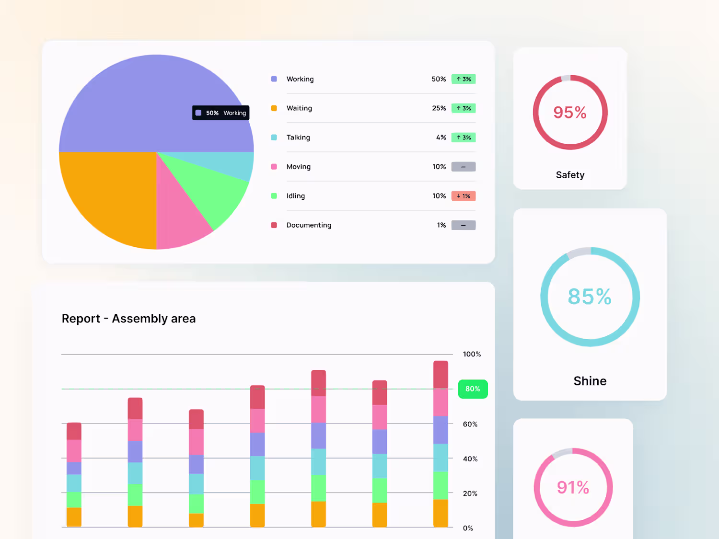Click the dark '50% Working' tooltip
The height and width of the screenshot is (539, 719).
coord(221,113)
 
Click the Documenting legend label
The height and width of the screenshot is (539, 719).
coord(309,225)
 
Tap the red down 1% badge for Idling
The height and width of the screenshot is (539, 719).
coord(463,196)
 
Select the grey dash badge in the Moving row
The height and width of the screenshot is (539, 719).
coord(463,167)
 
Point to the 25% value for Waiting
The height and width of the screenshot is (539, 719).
coord(439,108)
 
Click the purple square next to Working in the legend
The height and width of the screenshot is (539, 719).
coord(274,79)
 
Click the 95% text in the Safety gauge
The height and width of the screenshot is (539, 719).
coord(570,113)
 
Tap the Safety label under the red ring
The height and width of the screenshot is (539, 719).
coord(570,175)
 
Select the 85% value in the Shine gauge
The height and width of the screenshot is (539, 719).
coord(590,297)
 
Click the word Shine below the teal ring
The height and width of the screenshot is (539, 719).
coord(590,381)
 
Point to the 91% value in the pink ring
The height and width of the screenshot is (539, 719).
coord(573,487)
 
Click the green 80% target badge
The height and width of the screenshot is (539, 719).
coord(473,389)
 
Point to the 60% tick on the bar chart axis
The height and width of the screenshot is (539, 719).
coord(470,424)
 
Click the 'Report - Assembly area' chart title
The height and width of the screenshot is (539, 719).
coord(129,319)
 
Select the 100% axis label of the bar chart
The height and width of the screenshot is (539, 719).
coord(472,354)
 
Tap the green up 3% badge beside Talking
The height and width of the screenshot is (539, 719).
coord(463,138)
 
